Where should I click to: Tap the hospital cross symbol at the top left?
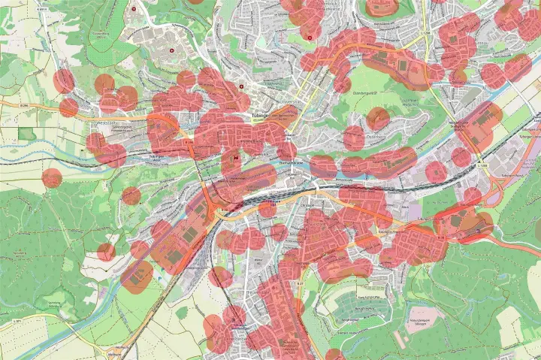pyautogui.click(x=133, y=9)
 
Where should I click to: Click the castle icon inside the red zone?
pyautogui.click(x=235, y=158)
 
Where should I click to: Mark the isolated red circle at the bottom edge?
pyautogui.click(x=334, y=355)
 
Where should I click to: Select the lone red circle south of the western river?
pyautogui.click(x=52, y=178)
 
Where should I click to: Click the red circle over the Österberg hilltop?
pyautogui.click(x=379, y=119)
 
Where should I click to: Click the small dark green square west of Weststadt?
pyautogui.click(x=27, y=134)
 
